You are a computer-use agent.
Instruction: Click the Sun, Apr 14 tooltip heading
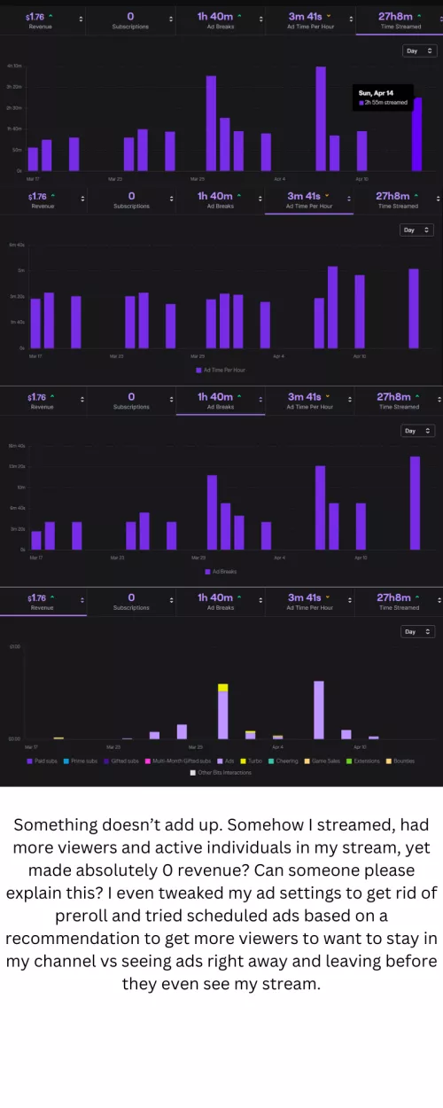point(375,92)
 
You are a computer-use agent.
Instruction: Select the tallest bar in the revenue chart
point(318,709)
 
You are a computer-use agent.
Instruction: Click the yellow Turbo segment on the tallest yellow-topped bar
point(223,688)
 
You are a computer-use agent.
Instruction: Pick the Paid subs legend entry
point(43,761)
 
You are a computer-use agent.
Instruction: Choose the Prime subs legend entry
point(82,761)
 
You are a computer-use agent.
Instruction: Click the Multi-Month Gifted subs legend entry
point(182,761)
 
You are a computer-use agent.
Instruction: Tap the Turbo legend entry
point(252,761)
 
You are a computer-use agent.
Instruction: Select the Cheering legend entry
point(284,761)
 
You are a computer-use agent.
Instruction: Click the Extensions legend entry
point(363,761)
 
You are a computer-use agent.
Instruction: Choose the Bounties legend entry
point(401,761)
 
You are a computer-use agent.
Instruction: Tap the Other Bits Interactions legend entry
point(221,772)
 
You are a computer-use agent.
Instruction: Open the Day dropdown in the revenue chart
point(417,632)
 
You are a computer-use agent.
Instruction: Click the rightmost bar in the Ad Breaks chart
point(415,503)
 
